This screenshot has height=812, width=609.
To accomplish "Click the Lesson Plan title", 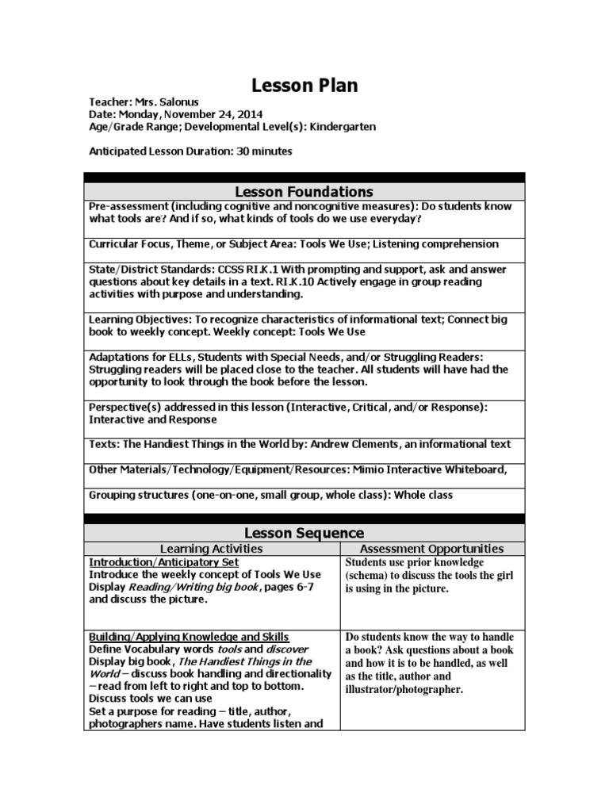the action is point(304,86).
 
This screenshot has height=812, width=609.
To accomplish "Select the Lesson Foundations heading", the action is point(304,192).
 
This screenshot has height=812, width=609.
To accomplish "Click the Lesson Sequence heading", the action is point(304,533).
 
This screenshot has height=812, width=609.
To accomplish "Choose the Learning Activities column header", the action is point(211,548).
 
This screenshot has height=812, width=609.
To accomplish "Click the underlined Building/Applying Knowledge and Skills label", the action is point(189,637).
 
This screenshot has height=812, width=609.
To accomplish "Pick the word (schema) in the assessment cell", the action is point(371,575).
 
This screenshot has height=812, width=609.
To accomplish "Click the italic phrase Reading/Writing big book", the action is point(191,587).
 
